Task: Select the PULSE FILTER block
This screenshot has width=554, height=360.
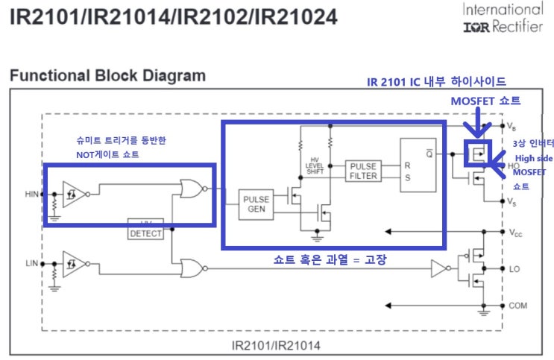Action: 363,171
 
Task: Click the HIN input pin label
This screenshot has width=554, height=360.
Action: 31,195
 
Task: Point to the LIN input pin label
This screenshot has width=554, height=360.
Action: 31,263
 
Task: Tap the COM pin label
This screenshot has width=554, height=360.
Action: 516,306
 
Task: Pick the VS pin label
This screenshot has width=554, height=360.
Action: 512,202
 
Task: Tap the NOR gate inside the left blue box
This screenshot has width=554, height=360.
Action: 190,189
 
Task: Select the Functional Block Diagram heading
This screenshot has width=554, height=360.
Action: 107,75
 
